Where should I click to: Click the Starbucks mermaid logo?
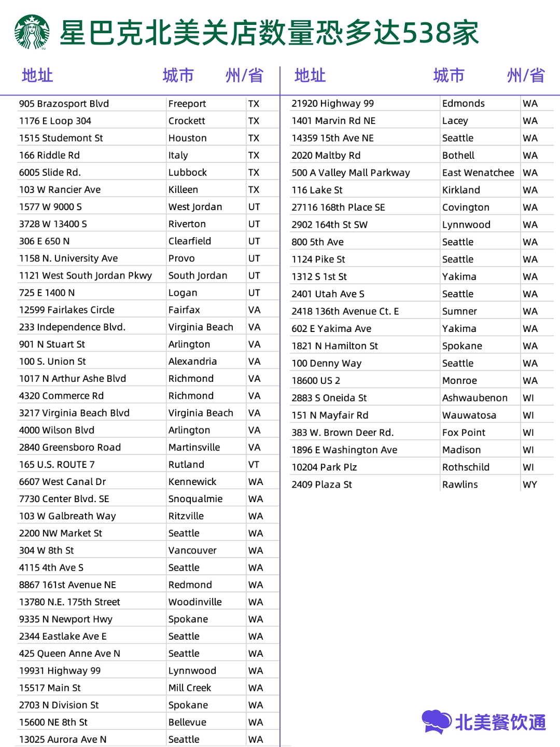coord(32,32)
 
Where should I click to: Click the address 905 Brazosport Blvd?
coord(64,104)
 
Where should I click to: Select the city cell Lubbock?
coord(187,172)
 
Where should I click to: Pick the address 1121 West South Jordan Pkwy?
coord(85,275)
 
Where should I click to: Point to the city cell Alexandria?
coord(192,361)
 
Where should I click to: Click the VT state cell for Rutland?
coord(254,464)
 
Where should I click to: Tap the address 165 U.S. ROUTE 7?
coord(57,464)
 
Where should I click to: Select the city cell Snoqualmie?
coord(195,499)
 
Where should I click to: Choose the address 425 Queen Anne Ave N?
coord(69,653)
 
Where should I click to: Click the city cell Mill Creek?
coord(189,687)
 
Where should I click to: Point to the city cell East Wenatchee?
coord(478,173)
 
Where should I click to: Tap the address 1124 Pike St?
coord(318,259)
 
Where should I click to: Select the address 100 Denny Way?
coord(326,363)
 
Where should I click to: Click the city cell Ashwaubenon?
coord(474,398)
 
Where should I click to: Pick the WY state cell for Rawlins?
coord(529,485)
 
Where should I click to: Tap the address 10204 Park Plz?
coord(324,467)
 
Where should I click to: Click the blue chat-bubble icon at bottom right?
coord(437,722)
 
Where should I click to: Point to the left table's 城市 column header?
coord(178,76)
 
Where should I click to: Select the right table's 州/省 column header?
coord(525,76)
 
